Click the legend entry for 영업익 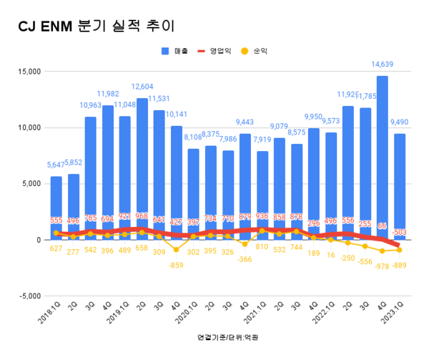tap(219, 52)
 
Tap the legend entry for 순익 tap(264, 52)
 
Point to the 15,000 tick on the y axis tap(27, 72)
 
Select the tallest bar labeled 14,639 tap(383, 157)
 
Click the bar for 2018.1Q tap(56, 208)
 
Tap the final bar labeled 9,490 tap(400, 186)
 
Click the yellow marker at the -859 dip tap(177, 249)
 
